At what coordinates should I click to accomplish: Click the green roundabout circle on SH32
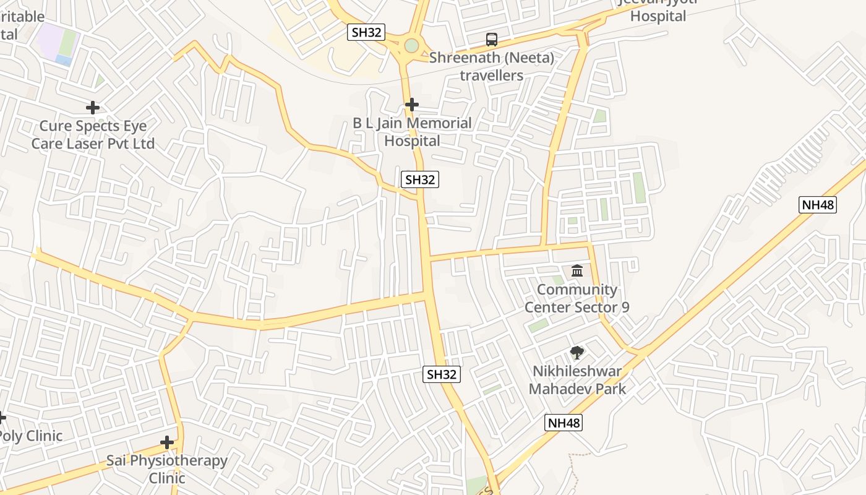point(411,45)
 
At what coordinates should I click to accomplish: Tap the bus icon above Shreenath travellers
point(492,40)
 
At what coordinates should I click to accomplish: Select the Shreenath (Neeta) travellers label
point(492,67)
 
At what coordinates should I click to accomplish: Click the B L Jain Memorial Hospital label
point(413,132)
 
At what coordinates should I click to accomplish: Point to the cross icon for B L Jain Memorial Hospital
point(411,105)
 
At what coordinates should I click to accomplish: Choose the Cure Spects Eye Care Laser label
point(93,135)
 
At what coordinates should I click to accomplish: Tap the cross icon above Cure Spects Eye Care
point(93,108)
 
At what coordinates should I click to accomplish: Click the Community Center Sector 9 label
point(577,298)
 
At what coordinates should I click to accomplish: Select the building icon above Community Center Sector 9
point(577,270)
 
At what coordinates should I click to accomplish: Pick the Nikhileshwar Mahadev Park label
point(577,380)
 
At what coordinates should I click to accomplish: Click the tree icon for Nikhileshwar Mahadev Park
point(577,353)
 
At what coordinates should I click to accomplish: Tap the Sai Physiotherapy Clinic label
point(167,469)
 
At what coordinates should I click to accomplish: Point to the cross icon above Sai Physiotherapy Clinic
point(167,442)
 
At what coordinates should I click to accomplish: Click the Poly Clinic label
point(30,436)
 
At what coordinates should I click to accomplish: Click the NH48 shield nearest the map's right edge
point(818,205)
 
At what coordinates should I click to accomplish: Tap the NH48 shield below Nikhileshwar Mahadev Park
point(564,423)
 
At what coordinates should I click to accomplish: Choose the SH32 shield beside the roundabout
point(367,32)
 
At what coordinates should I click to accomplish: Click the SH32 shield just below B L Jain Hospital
point(420,179)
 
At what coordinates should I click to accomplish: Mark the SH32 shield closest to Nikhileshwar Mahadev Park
point(442,374)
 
